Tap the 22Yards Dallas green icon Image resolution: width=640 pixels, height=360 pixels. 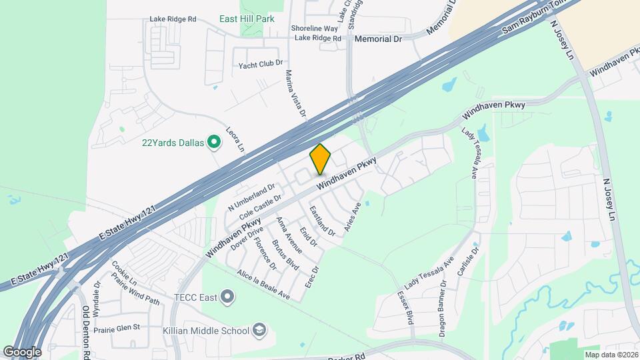tap(214, 141)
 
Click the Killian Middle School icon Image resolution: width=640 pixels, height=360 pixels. tap(259, 329)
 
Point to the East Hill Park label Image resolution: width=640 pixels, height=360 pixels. tap(247, 19)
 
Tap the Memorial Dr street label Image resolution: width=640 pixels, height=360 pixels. tap(378, 39)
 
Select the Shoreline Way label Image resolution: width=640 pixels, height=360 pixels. tap(315, 28)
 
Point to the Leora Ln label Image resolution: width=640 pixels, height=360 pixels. tap(235, 138)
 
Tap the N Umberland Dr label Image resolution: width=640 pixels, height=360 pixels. tap(251, 198)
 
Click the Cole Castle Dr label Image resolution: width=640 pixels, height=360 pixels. tap(260, 206)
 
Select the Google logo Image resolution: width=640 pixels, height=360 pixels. tap(22, 351)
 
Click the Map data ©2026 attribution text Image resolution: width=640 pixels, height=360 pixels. tap(611, 354)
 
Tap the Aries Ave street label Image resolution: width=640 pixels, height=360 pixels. tap(352, 217)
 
